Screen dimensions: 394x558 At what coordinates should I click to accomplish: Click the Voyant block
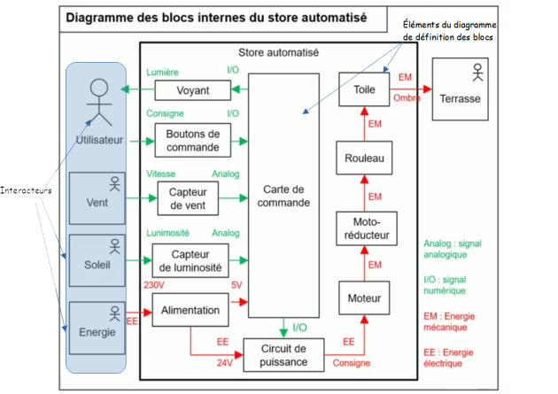(x=193, y=89)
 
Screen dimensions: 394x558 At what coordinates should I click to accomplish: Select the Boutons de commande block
(x=193, y=139)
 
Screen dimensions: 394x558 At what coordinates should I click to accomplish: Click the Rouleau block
(x=364, y=158)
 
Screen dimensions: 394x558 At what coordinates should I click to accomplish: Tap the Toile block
(x=364, y=89)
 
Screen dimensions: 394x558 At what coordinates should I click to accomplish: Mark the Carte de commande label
(x=284, y=196)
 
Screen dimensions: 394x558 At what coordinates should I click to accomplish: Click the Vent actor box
(x=97, y=199)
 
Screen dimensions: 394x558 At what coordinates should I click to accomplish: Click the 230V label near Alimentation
(x=154, y=284)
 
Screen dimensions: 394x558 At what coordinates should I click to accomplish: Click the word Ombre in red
(x=407, y=97)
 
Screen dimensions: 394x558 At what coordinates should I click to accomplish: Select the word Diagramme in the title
(x=98, y=17)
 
